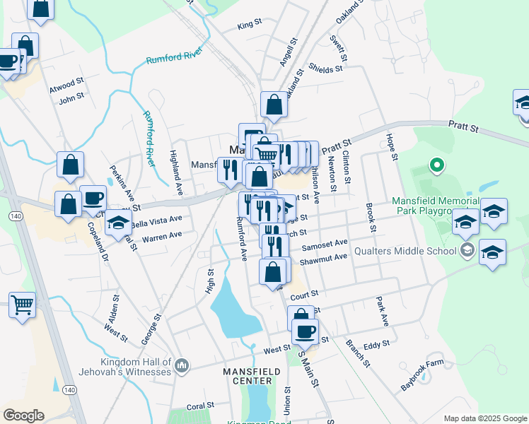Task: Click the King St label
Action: click(250, 25)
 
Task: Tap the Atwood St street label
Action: click(62, 86)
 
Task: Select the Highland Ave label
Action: click(176, 173)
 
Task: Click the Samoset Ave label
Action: click(325, 243)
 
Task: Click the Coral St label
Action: click(200, 406)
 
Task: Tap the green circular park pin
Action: click(437, 167)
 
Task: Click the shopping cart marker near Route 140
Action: click(22, 305)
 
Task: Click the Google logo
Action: click(23, 415)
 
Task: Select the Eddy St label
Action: click(373, 346)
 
